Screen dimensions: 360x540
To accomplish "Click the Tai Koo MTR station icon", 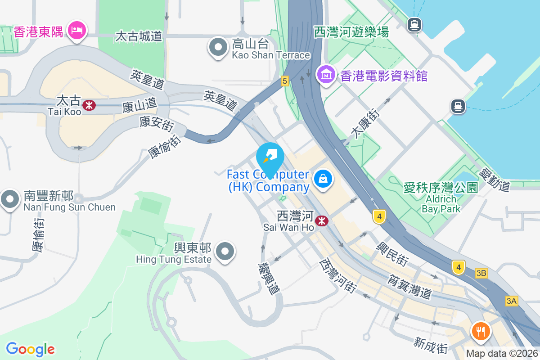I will [x=89, y=105].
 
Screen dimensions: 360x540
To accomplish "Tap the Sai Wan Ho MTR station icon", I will [x=321, y=221].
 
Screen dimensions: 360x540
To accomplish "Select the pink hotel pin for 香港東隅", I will [x=77, y=31].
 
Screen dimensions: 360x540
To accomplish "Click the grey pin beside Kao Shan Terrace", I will [x=218, y=47].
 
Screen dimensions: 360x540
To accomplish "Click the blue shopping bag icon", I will [x=323, y=179].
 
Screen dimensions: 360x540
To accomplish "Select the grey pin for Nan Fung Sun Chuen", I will [x=9, y=199].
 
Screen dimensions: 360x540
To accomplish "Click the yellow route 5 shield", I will [x=284, y=81].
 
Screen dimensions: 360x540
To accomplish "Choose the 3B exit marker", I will [x=481, y=273].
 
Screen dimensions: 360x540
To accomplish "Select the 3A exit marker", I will [x=511, y=301].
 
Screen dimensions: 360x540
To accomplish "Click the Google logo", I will [x=30, y=349].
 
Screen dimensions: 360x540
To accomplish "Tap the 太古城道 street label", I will [x=139, y=36].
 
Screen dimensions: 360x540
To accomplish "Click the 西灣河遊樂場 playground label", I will [x=351, y=32].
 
